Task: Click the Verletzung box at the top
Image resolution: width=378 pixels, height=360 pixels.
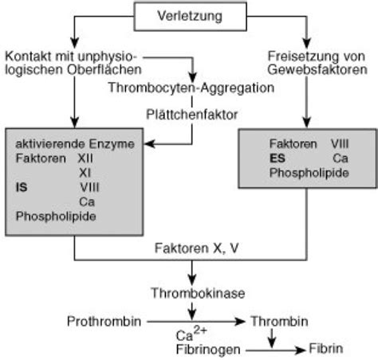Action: coord(189,14)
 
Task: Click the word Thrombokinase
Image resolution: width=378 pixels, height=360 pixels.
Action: coord(190,292)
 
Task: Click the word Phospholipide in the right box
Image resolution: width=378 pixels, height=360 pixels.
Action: coord(308,171)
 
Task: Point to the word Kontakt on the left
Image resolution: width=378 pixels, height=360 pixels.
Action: coord(23,56)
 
